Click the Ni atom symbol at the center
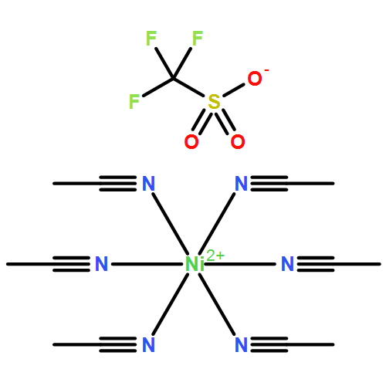195,264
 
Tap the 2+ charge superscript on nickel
215,256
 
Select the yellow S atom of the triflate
214,102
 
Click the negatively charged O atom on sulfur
255,79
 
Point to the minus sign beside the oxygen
266,70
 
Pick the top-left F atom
151,38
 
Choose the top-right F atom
198,38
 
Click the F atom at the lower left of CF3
134,101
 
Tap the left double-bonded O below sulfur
191,141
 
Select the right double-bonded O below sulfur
238,141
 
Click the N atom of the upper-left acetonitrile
148,184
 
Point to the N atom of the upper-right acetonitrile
242,184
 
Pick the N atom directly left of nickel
101,264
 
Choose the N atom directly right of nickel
287,264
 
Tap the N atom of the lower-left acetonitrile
148,344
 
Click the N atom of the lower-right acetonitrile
242,344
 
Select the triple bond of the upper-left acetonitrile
118,184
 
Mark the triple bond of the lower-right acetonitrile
269,344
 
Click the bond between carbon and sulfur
188,87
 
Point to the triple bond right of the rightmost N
316,264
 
